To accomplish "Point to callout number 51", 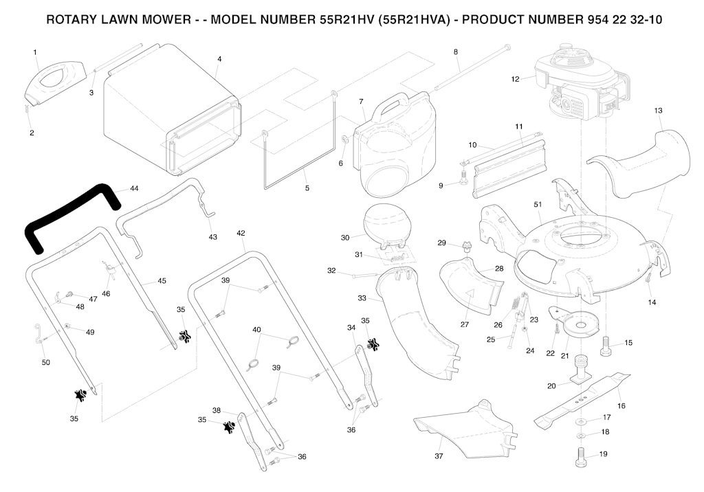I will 538,204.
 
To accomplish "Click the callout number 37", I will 439,456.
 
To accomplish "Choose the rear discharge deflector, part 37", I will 467,429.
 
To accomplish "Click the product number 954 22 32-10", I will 610,19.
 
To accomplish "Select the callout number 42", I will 241,233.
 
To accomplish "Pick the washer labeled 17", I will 582,418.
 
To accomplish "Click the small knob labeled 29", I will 467,246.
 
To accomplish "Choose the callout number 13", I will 658,110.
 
